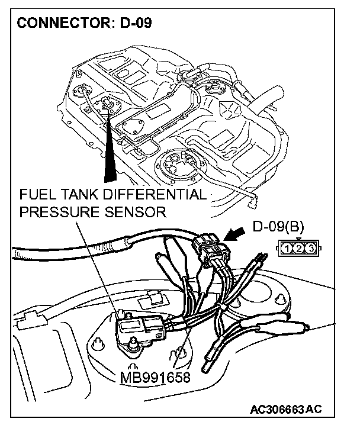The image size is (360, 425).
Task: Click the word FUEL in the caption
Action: (36, 196)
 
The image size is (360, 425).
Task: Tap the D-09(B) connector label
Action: (278, 226)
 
